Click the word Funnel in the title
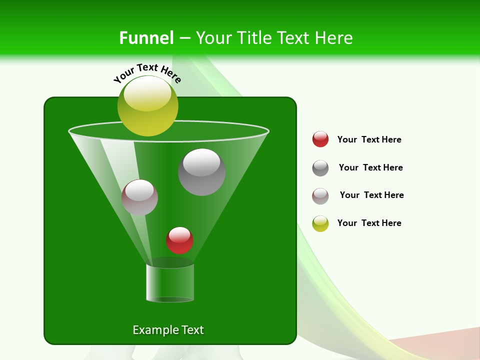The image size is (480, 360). (146, 37)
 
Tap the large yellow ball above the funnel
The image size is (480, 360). (148, 106)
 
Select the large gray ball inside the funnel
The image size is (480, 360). (201, 172)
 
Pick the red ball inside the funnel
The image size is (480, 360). (179, 240)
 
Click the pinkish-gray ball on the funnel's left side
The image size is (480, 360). (139, 197)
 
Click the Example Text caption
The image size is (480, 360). (168, 330)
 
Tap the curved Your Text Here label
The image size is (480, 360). (147, 73)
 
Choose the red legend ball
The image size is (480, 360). (320, 139)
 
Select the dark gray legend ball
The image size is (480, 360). (320, 168)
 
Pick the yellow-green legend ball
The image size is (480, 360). (320, 223)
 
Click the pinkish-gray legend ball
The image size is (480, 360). (320, 196)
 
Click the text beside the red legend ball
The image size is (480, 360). (369, 139)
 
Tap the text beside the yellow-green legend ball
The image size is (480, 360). (369, 223)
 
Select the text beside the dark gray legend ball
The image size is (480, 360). (370, 167)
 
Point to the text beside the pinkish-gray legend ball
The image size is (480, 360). (371, 195)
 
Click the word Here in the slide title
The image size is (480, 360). (334, 37)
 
